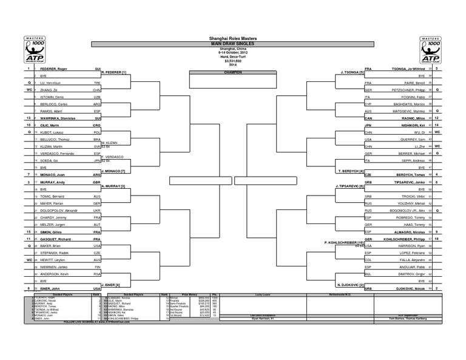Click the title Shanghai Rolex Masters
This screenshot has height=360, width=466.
coord(232,38)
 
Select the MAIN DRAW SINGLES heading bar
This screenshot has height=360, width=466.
coord(232,44)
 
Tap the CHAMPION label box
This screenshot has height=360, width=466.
coord(232,72)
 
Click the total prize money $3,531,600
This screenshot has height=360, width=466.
coord(232,60)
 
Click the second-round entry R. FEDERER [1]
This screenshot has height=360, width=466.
coord(114,72)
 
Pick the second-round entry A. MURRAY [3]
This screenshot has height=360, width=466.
coord(113,186)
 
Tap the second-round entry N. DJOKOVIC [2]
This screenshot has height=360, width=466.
coord(351,285)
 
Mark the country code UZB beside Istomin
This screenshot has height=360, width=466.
coord(96,97)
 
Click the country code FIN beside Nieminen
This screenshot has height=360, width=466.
coord(96,267)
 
